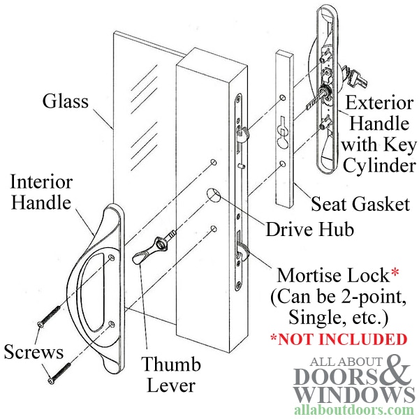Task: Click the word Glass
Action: [66, 101]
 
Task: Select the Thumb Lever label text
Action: [171, 374]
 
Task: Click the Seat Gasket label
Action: [360, 205]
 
